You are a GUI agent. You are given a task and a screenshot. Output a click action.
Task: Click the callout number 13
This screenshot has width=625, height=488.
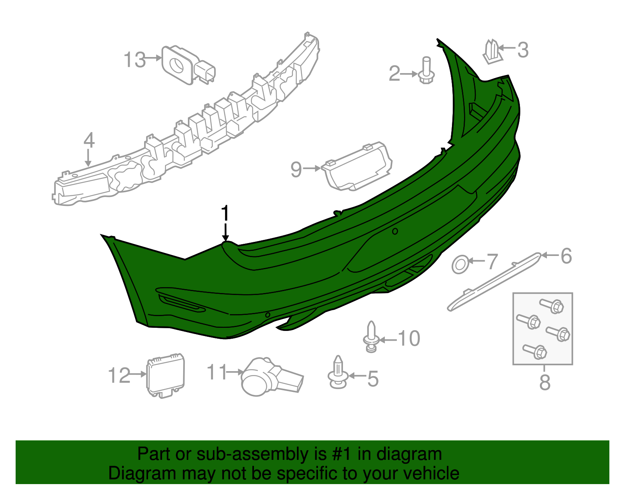[x=134, y=60]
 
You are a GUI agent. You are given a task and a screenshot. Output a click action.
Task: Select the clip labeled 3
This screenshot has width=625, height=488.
[x=492, y=52]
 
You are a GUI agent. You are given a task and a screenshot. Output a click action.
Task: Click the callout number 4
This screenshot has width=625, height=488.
[x=89, y=140]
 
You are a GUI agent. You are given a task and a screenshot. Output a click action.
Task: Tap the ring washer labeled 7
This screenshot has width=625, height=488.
[x=460, y=265]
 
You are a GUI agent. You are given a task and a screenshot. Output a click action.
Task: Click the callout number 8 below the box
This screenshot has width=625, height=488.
[x=545, y=383]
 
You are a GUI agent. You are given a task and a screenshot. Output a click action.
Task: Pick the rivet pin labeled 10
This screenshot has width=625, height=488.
[x=371, y=336]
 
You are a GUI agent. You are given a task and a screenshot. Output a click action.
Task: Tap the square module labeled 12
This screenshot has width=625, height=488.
[x=166, y=375]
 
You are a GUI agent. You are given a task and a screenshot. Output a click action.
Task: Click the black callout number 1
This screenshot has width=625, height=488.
[x=225, y=214]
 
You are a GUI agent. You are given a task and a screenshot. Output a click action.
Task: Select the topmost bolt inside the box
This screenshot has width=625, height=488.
[x=551, y=306]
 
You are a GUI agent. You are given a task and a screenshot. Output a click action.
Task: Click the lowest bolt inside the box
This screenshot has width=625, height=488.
[x=535, y=351]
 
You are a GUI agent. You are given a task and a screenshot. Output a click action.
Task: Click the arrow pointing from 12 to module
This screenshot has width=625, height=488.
[x=138, y=374]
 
